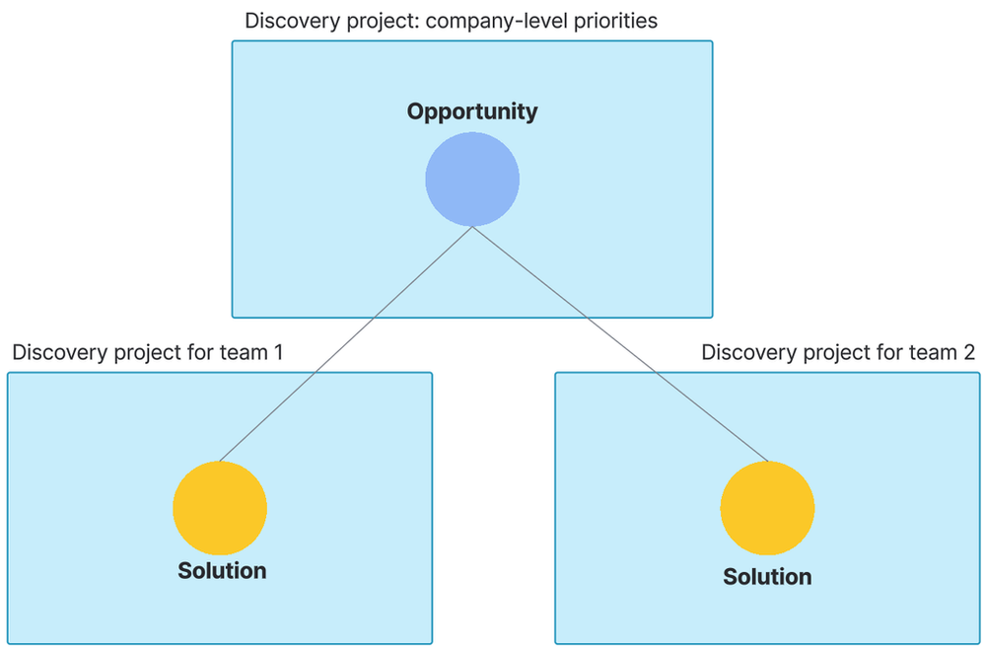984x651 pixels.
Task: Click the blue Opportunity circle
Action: coord(472,180)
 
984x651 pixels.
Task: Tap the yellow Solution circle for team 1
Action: coord(220,507)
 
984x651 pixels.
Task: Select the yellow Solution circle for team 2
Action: coord(767,507)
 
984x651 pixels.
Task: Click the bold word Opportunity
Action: coord(472,111)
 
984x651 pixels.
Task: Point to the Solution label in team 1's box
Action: coord(222,570)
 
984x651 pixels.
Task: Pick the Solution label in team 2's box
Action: coord(767,577)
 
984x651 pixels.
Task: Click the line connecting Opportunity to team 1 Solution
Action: coord(345,344)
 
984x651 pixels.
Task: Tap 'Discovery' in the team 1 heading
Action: coord(54,353)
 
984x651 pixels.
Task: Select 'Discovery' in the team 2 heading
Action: coord(743,353)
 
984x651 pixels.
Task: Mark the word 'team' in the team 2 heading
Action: coord(929,353)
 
